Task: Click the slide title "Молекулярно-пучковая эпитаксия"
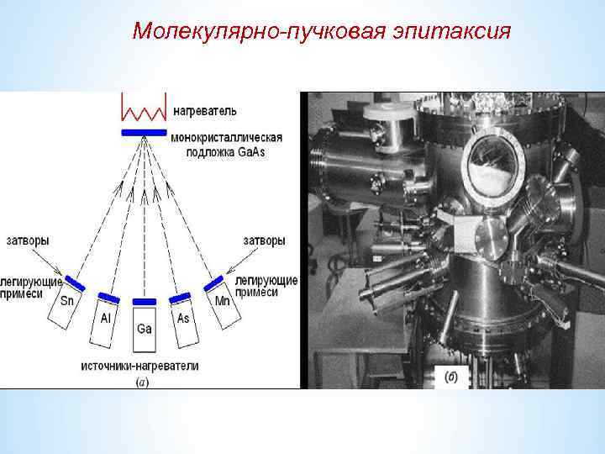coord(322,31)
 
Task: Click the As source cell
coord(185,320)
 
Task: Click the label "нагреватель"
coord(205,110)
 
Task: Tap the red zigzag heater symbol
coord(144,107)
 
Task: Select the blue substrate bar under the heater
coord(144,133)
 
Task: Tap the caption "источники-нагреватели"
coord(139,366)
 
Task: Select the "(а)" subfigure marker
coord(142,382)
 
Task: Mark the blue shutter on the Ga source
coord(144,301)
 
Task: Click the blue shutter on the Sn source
coord(75,282)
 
